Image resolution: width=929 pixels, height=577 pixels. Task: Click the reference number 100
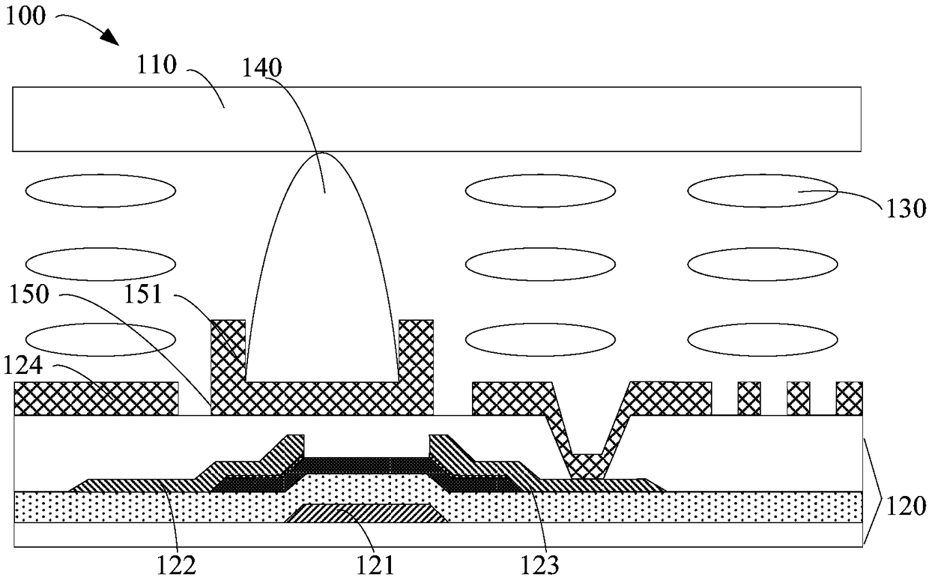25,16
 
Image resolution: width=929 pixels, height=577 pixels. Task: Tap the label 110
157,65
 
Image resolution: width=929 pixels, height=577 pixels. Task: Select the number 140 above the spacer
261,67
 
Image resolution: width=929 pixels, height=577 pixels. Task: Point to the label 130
906,208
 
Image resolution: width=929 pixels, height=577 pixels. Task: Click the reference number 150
29,294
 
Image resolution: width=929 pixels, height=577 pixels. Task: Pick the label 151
143,294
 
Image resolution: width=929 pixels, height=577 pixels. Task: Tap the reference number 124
22,366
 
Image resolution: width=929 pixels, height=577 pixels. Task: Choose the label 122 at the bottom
176,564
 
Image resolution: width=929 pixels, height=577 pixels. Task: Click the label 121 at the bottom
375,564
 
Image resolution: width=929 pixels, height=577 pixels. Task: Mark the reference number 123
539,564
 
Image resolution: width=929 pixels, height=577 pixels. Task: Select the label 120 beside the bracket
906,506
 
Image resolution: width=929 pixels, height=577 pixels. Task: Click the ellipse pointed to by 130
762,191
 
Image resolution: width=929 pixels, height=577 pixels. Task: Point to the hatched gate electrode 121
366,513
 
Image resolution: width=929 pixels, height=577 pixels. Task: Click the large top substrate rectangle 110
437,119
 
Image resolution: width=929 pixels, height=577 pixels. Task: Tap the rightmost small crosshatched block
849,398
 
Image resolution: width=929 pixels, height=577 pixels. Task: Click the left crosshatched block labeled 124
96,398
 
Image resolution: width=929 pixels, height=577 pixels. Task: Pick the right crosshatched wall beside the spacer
416,366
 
